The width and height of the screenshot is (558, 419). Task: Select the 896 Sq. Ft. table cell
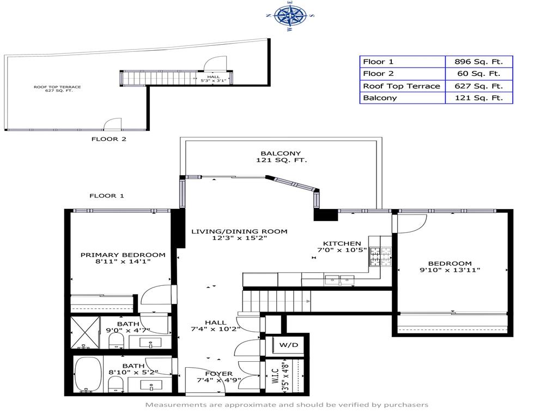479,62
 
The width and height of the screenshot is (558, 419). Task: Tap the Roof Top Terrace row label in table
402,86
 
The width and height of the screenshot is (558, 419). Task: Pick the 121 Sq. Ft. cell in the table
479,98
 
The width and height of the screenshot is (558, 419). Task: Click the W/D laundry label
288,345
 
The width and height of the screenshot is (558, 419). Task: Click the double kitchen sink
340,280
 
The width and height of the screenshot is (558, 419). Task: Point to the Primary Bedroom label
123,255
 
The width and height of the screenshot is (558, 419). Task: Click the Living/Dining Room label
239,231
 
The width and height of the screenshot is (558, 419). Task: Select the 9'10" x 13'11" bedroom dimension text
450,270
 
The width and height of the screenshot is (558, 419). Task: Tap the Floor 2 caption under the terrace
108,139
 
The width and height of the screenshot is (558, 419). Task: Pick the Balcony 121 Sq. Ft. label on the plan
281,157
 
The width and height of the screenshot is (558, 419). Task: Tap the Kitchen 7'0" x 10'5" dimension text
342,250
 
